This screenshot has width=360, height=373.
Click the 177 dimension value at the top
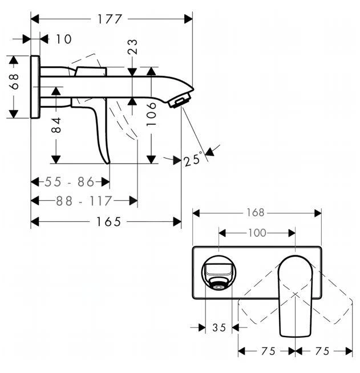click(110, 19)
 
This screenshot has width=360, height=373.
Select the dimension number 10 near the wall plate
click(64, 39)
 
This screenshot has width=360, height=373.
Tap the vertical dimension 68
click(15, 81)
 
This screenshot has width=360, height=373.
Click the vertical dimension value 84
click(56, 125)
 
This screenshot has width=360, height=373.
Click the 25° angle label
click(193, 159)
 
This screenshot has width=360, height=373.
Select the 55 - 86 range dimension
click(69, 182)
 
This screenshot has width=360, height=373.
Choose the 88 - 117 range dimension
click(84, 201)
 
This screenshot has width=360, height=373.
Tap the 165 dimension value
click(108, 222)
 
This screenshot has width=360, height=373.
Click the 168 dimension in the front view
click(256, 213)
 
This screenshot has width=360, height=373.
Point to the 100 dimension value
click(257, 233)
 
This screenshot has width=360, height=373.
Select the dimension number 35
click(219, 327)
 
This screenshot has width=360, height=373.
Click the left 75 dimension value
click(267, 351)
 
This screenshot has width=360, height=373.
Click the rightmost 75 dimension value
click(323, 351)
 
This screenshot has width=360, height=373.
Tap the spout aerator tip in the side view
click(179, 100)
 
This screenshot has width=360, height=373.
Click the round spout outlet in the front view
click(217, 283)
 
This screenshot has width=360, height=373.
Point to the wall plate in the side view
click(35, 87)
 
